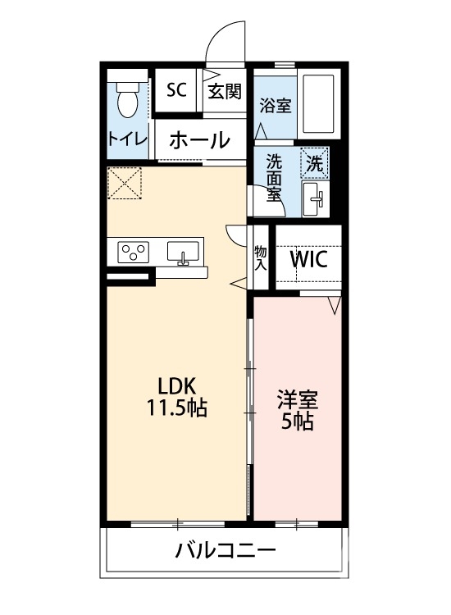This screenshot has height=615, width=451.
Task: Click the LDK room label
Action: pos(176,385)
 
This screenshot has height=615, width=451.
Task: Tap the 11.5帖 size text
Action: pos(176,407)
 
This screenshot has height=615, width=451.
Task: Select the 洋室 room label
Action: pos(297,402)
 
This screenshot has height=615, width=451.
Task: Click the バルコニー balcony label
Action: pos(225,549)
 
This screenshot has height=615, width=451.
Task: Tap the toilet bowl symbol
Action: pos(127,102)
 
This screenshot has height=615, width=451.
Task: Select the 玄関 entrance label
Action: pos(224,91)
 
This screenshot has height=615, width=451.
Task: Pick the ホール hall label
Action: pos(199,139)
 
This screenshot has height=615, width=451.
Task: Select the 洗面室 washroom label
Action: pos(272,177)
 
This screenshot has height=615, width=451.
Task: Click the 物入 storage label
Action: pos(261,257)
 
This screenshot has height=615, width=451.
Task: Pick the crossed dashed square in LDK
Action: pos(125,183)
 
